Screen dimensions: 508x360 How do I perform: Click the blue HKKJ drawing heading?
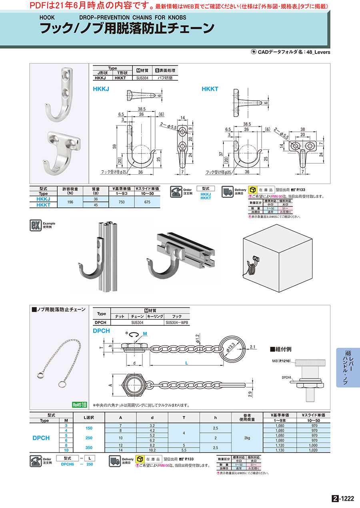[101, 88]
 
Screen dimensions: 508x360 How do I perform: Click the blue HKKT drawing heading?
[210, 88]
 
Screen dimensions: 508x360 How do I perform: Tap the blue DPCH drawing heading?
[101, 331]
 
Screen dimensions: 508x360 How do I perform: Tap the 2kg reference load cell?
[247, 438]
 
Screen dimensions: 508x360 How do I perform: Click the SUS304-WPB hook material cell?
[177, 322]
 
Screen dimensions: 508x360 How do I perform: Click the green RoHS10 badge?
[79, 404]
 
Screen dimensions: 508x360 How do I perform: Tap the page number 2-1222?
[343, 498]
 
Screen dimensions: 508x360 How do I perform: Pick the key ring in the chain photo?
[62, 384]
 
